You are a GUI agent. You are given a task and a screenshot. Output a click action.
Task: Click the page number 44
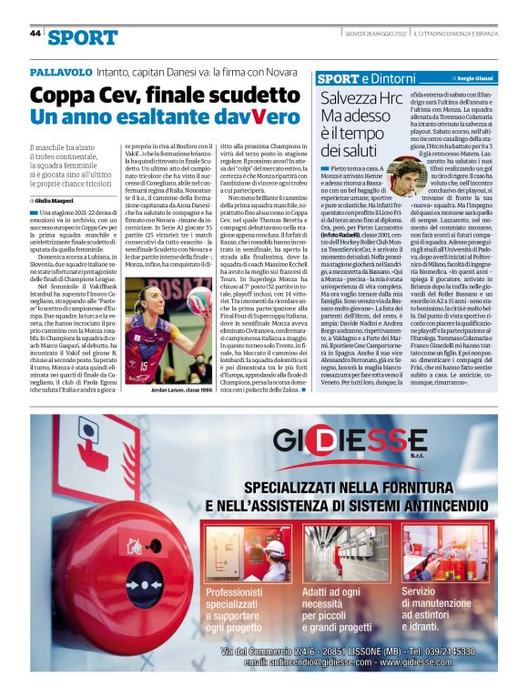coord(36,33)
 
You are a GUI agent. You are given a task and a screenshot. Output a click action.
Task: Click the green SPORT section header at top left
coord(83,37)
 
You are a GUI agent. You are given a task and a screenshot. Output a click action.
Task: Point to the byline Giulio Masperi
coord(58,199)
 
